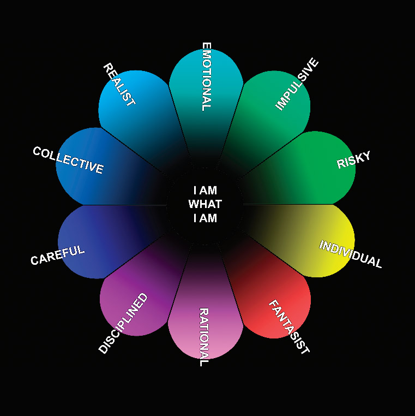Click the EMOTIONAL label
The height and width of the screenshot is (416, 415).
point(206,76)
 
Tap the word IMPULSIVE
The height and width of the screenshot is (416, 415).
point(297,85)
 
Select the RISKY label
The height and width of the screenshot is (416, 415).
point(353,160)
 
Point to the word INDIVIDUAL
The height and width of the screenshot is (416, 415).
point(350,254)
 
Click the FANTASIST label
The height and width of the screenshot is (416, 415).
point(289,327)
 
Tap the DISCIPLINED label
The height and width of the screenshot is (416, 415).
point(123,323)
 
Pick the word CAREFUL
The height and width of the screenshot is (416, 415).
point(58,255)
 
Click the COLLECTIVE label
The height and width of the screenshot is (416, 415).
point(68,160)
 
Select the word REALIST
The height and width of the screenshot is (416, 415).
point(119,85)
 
